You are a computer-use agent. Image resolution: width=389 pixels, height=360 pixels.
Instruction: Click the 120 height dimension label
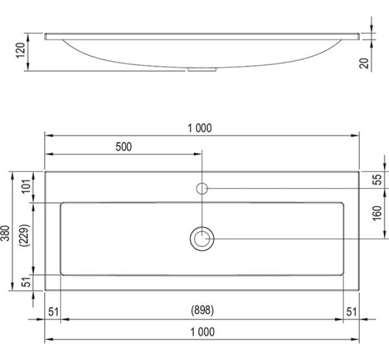[x=21, y=50]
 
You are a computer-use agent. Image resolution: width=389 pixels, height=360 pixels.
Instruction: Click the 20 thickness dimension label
[x=364, y=63]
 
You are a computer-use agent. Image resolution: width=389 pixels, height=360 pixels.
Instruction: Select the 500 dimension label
[x=124, y=147]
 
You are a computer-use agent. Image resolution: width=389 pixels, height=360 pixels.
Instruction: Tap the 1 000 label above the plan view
[x=200, y=128]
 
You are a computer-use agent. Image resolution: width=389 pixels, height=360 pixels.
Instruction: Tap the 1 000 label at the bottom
[x=203, y=332]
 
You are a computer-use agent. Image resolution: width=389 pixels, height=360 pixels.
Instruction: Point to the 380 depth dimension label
[x=5, y=233]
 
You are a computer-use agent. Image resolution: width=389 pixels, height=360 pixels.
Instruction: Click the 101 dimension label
[x=26, y=186]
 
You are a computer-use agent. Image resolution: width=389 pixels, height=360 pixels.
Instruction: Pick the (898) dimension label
[x=202, y=310]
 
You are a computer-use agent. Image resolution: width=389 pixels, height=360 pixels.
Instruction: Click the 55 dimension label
[x=377, y=179]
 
